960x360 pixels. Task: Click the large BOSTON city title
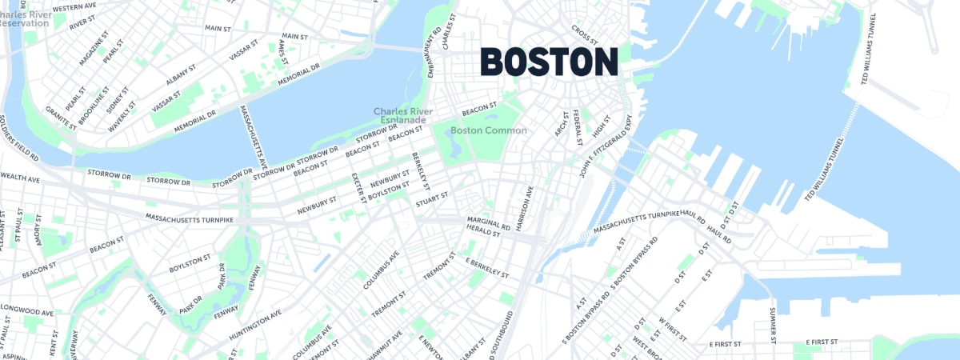pos(549,62)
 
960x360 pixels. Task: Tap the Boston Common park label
pos(488,130)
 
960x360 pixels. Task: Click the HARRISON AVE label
pos(529,206)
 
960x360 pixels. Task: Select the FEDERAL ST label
pos(578,129)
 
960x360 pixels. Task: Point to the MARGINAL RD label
pos(488,223)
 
